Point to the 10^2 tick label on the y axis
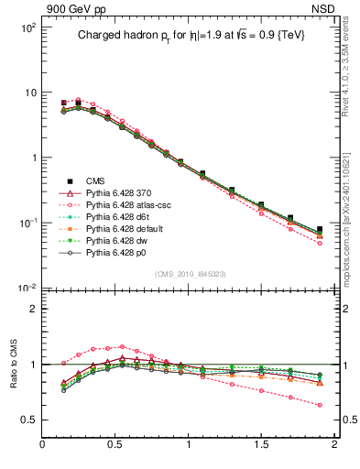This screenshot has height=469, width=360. pyautogui.click(x=27, y=27)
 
